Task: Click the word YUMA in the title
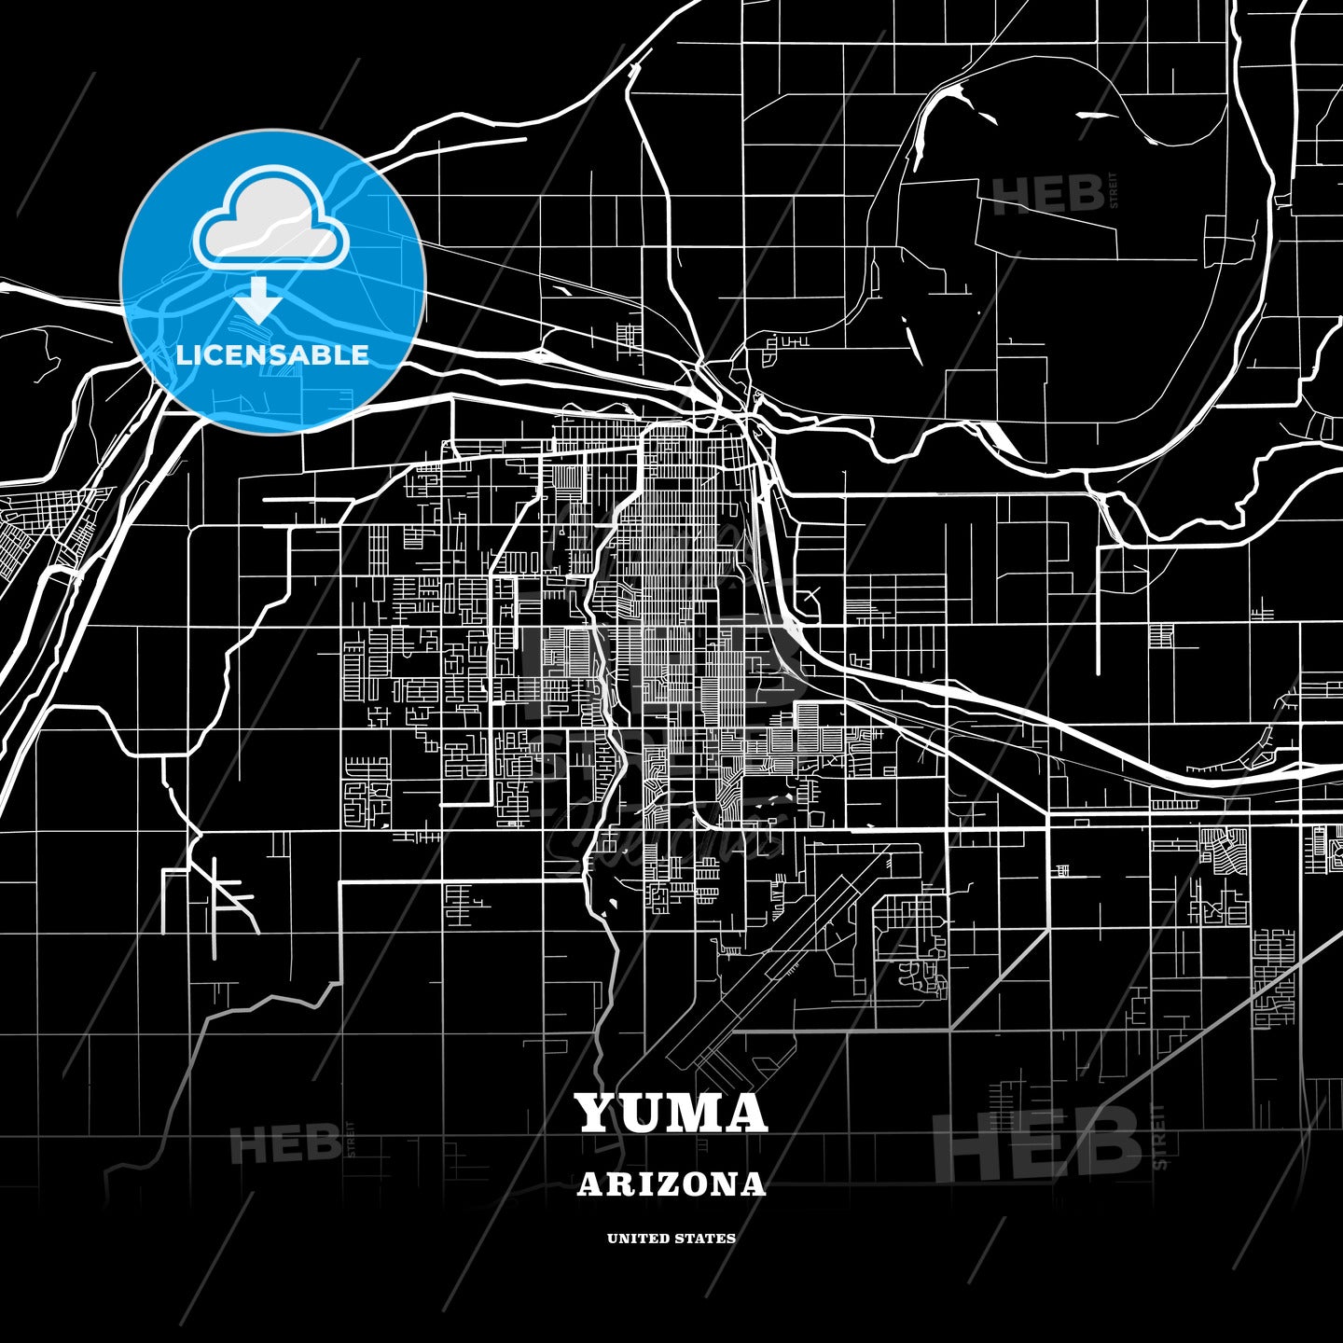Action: [x=671, y=1113]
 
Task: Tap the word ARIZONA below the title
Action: [x=671, y=1184]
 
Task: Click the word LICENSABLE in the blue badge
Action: [x=272, y=355]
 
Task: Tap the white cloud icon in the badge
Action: [x=270, y=221]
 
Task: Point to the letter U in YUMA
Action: [x=643, y=1113]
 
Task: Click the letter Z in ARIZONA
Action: [x=665, y=1184]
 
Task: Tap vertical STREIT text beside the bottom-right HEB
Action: [x=1159, y=1138]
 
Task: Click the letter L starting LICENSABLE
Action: [x=184, y=355]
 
